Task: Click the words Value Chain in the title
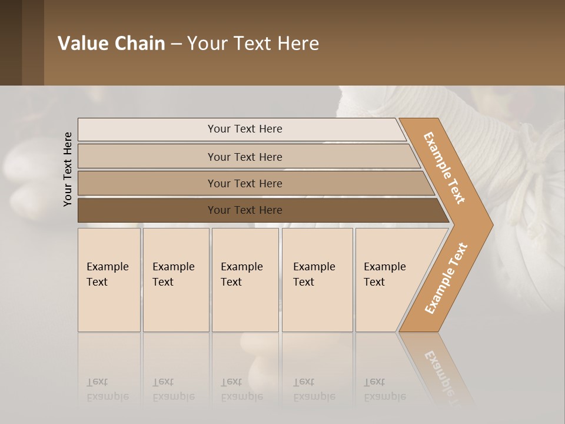click(111, 44)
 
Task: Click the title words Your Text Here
click(253, 44)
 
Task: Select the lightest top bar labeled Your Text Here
click(244, 129)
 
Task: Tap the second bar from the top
click(244, 157)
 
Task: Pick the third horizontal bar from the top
click(244, 183)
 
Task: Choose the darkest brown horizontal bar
click(244, 210)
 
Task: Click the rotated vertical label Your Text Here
click(68, 170)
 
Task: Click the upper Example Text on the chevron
click(444, 168)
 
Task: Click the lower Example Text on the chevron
click(446, 279)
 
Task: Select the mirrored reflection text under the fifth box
click(385, 390)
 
